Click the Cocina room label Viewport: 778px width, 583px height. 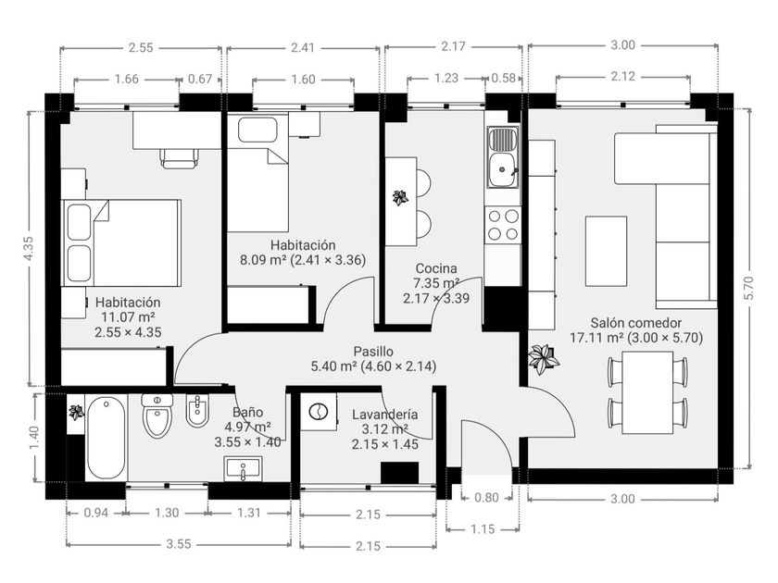[437, 269]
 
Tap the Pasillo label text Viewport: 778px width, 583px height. [373, 352]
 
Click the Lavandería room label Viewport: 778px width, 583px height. [384, 416]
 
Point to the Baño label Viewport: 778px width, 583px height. [247, 412]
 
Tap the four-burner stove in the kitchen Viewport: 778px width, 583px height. [504, 223]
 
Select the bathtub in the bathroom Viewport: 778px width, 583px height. [106, 437]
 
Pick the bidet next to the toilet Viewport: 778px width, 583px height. [197, 411]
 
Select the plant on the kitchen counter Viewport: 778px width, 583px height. [400, 197]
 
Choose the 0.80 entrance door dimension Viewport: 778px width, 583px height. [486, 498]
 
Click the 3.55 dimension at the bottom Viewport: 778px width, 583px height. [178, 544]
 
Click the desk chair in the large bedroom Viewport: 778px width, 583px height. [179, 158]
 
